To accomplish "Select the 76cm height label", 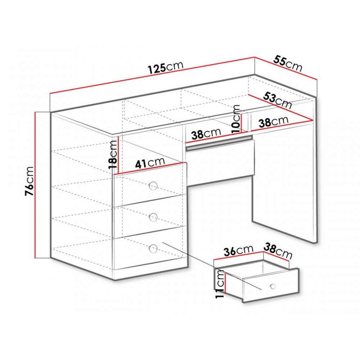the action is tap(30, 181).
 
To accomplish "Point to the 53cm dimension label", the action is tap(277, 100).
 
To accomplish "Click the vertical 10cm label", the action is tap(236, 119).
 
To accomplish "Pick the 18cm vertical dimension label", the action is tap(113, 154).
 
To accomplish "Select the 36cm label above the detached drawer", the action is tap(238, 250).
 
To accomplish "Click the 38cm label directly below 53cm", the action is tap(274, 122).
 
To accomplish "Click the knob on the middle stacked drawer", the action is tap(153, 216).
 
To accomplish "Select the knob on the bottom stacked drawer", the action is tap(153, 248).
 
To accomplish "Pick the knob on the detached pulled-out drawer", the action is tap(273, 286).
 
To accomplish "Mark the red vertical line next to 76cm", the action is tap(35, 185).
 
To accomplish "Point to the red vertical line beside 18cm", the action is tap(118, 155).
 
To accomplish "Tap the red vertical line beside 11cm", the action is tap(226, 283).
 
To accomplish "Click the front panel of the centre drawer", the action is tap(220, 162).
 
